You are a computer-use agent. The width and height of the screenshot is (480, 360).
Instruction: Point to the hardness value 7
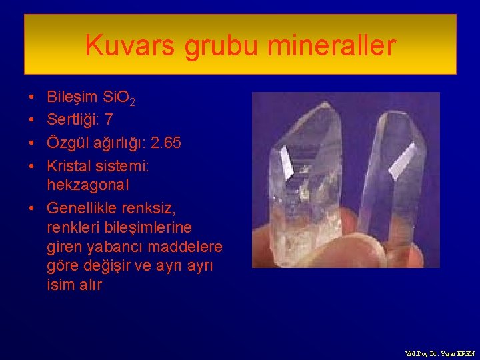[109, 121]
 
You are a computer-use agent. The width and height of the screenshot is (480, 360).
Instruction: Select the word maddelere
[188, 247]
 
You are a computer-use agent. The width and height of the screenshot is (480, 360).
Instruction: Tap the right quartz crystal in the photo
[393, 173]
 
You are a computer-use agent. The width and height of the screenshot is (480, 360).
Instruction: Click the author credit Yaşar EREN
[454, 353]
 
